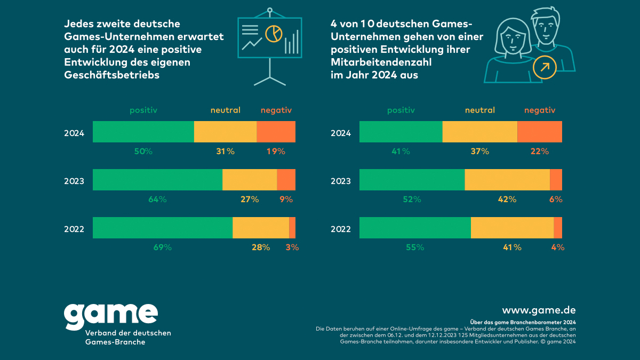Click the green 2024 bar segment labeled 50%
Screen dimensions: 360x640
pyautogui.click(x=143, y=132)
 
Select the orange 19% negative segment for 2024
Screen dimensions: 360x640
pyautogui.click(x=276, y=132)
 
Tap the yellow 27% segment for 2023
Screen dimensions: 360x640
pyautogui.click(x=250, y=180)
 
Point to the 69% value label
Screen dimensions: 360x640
pyautogui.click(x=162, y=247)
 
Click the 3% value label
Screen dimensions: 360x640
pyautogui.click(x=292, y=247)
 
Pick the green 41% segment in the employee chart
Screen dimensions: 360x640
pyautogui.click(x=401, y=132)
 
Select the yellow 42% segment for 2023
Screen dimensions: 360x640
pyautogui.click(x=507, y=180)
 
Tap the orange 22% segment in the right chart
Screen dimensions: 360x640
pyautogui.click(x=540, y=132)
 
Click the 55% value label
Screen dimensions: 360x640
pyautogui.click(x=414, y=247)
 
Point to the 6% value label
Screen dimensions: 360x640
pyautogui.click(x=556, y=199)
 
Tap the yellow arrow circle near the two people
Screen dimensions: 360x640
pyautogui.click(x=545, y=67)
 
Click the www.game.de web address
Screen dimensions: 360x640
pyautogui.click(x=539, y=310)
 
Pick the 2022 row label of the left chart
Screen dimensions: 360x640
pyautogui.click(x=74, y=229)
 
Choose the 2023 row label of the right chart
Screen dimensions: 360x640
pyautogui.click(x=341, y=181)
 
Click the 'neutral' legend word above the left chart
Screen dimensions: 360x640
pyautogui.click(x=225, y=110)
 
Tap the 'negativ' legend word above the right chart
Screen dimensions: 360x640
pyautogui.click(x=540, y=110)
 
